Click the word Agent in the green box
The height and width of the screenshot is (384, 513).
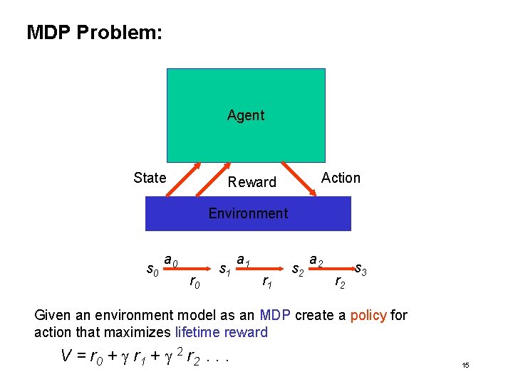[246, 115]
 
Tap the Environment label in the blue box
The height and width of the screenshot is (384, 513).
[248, 213]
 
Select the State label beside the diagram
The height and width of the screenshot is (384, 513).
[150, 178]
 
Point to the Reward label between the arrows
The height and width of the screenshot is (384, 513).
[252, 182]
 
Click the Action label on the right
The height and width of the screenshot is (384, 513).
[341, 178]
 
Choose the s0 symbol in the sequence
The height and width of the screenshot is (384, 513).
[152, 270]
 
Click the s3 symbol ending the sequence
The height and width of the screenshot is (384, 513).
[361, 270]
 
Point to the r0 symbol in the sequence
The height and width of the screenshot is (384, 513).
[193, 284]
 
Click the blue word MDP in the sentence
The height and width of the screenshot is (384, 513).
[274, 315]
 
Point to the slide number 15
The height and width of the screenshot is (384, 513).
[465, 366]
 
